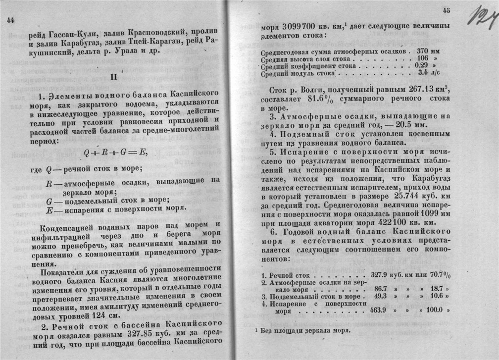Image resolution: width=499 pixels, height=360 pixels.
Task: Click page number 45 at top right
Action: click(447, 10)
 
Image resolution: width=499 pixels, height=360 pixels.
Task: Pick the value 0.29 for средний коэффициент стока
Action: click(422, 65)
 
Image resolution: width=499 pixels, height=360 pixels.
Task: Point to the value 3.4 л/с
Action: click(429, 72)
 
